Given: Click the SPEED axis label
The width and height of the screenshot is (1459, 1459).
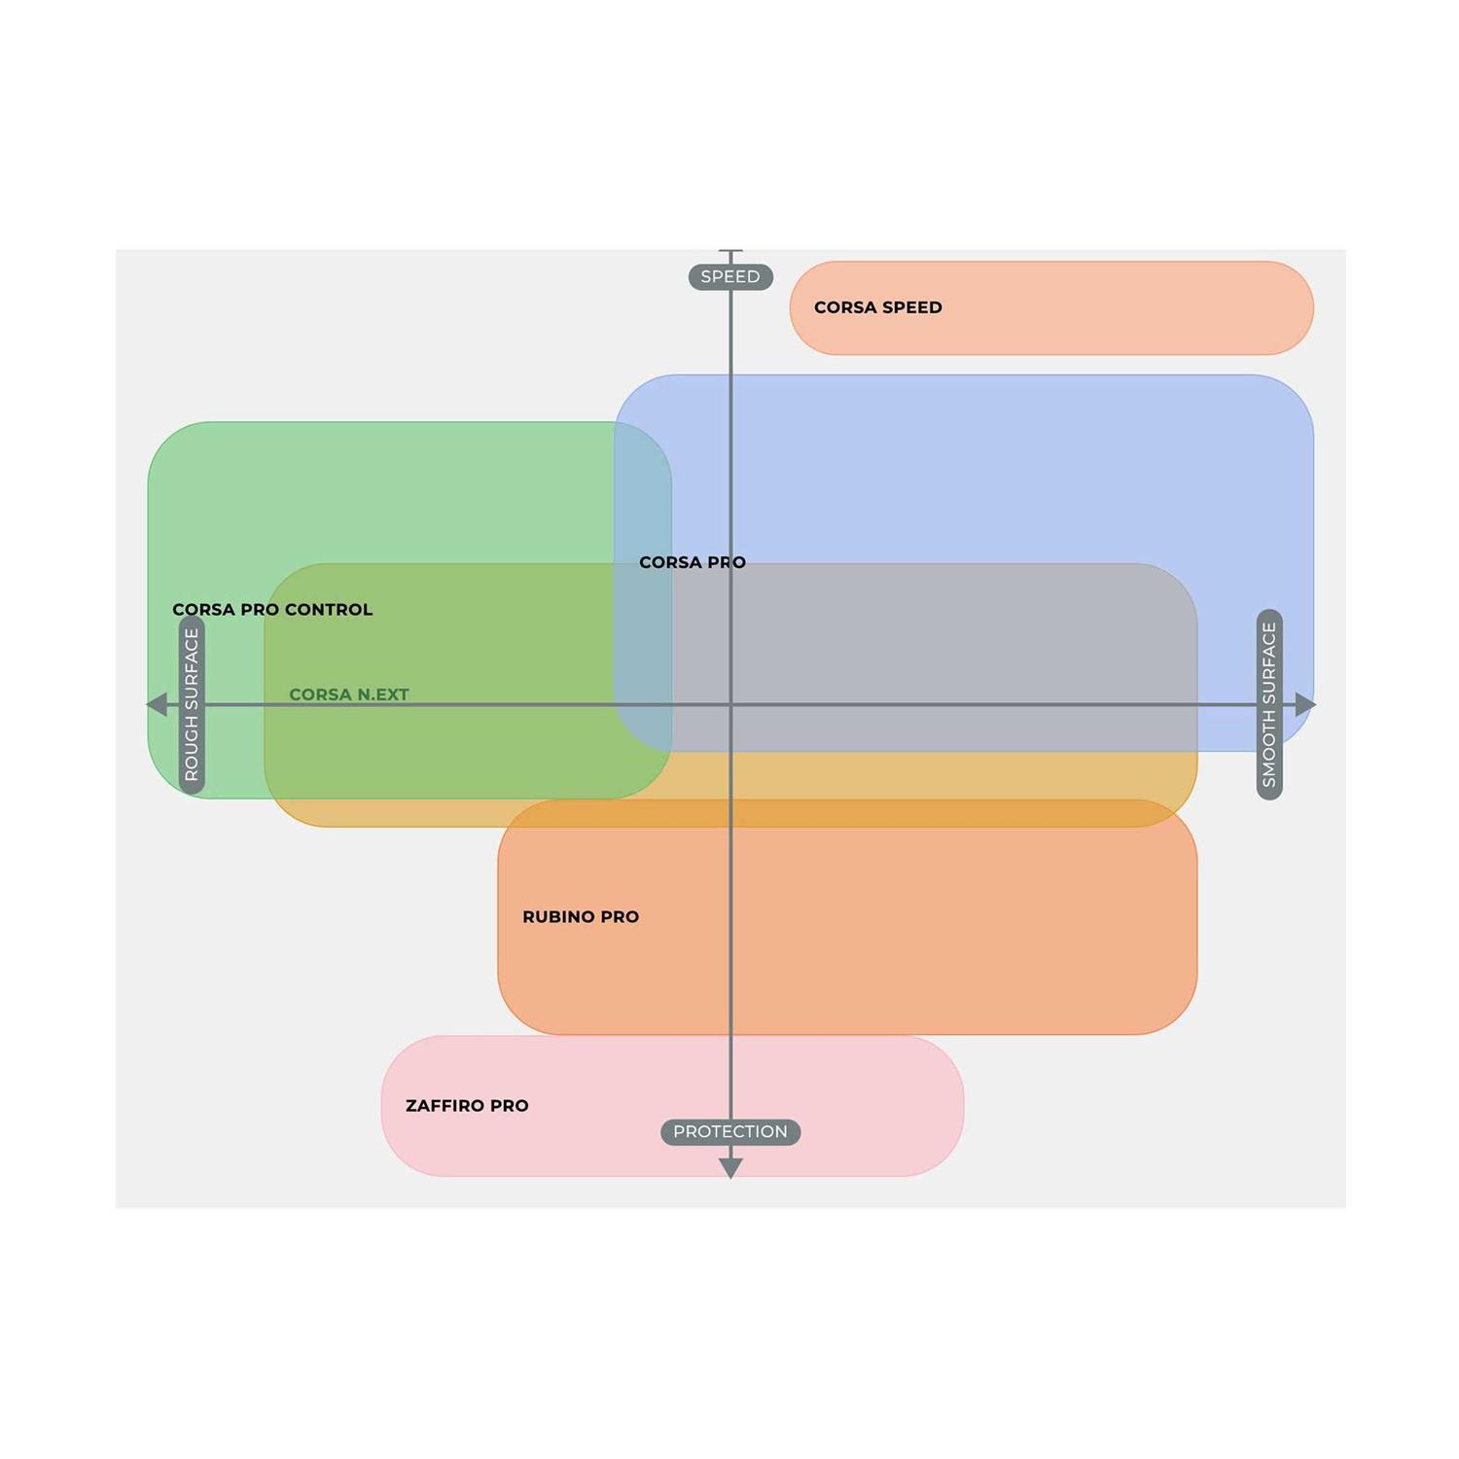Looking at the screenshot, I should [730, 277].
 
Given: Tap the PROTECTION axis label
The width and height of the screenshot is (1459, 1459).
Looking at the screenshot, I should [730, 1132].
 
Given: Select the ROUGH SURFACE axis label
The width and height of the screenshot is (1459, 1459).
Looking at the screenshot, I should [192, 704].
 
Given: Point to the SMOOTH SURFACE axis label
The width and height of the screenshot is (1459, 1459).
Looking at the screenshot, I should [1269, 704].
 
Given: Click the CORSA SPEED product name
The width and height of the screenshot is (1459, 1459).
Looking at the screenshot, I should [877, 307].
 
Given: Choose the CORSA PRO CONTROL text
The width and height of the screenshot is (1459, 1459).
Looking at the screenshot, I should [272, 610].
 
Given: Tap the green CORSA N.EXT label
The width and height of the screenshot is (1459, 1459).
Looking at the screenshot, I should [348, 694].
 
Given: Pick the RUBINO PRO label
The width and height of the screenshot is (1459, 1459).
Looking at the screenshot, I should [581, 917].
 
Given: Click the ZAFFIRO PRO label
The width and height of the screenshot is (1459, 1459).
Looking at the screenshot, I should [467, 1106].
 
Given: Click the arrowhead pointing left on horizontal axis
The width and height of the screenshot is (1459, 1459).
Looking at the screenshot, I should [157, 704].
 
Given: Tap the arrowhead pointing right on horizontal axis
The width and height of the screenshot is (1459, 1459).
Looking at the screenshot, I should [1305, 704].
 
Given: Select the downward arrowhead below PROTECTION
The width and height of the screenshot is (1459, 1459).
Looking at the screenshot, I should [730, 1168].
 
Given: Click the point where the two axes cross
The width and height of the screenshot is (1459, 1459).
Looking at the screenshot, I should [730, 704].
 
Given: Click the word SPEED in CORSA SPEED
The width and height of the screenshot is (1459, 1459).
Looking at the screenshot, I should [911, 307].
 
